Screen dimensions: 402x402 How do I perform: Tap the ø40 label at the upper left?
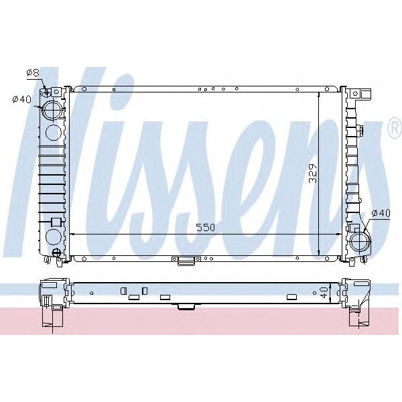22,100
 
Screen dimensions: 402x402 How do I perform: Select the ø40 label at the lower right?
380,213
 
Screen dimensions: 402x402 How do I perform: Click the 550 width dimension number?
206,228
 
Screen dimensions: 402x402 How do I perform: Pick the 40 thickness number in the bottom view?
324,292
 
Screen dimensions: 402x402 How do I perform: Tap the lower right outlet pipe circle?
359,240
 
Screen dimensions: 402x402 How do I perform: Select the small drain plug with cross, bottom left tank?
58,253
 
